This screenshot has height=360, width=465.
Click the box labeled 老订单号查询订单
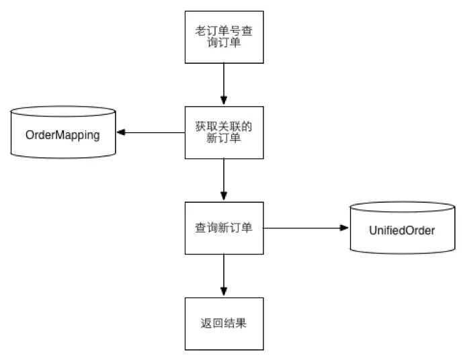pos(224,37)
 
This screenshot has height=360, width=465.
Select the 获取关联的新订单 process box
pos(224,132)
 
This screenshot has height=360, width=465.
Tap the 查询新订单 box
pos(224,228)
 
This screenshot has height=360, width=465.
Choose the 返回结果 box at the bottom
pos(224,323)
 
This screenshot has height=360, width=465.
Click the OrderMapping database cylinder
pos(62,134)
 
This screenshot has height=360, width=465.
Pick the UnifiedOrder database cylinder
pos(402,228)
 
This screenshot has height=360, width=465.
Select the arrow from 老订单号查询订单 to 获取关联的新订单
pos(224,84)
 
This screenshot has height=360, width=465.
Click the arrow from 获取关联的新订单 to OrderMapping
pos(151,132)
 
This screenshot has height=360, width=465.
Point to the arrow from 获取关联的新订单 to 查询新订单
pos(224,179)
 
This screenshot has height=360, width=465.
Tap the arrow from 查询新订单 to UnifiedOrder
pos(306,228)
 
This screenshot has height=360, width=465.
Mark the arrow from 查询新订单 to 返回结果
pos(224,275)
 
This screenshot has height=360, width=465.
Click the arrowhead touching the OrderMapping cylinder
pos(122,132)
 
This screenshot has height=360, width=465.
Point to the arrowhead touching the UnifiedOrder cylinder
pos(345,228)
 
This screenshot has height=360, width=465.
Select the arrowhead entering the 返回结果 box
pos(224,293)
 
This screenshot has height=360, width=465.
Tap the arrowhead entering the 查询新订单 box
pos(224,197)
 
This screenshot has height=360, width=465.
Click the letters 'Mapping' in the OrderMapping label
pos(77,135)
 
